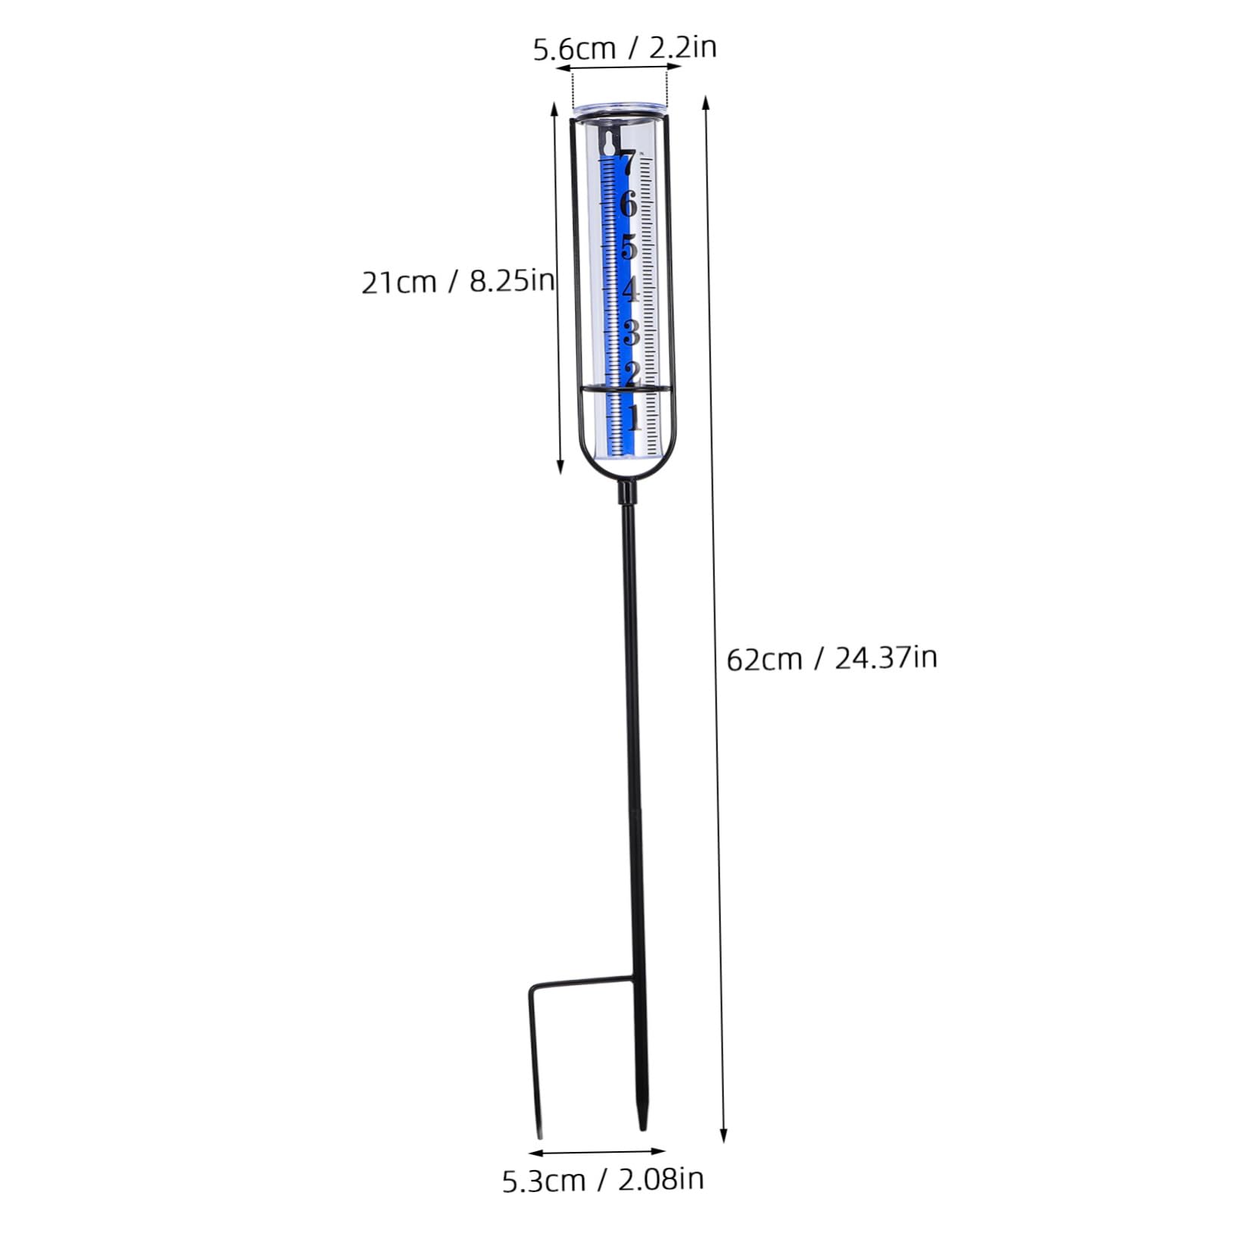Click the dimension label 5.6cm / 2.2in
tap(625, 48)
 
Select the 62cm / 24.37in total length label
tap(832, 658)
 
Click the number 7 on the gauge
tap(626, 163)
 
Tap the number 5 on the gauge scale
tap(629, 248)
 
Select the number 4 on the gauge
tap(630, 290)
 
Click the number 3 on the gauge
tap(631, 332)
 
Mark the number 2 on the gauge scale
tap(632, 373)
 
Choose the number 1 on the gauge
tap(635, 417)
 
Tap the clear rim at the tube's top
tap(620, 110)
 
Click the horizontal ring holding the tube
tap(625, 389)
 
